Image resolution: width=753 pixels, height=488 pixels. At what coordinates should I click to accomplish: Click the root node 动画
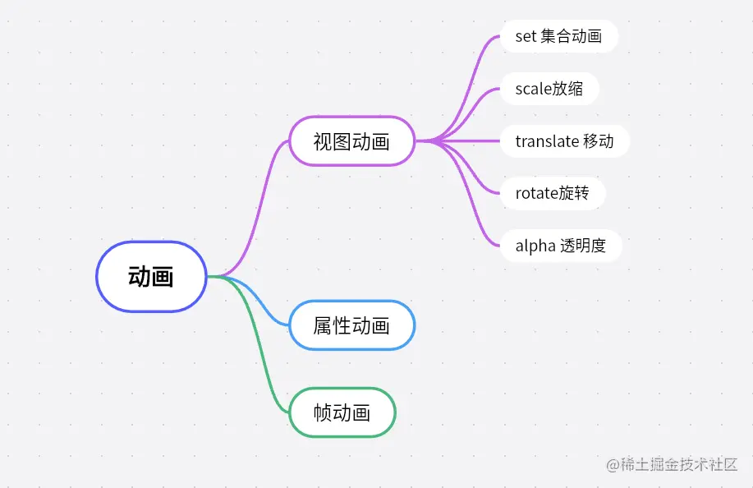[151, 277]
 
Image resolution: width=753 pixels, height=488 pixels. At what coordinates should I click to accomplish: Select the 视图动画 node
[351, 141]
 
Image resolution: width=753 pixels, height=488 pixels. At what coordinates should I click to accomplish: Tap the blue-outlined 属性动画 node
[351, 325]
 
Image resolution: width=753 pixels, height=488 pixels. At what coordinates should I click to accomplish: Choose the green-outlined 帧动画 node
[342, 412]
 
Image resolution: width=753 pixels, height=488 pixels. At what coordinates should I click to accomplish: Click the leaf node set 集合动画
[558, 36]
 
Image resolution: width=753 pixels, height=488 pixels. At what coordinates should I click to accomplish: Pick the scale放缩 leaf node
[549, 89]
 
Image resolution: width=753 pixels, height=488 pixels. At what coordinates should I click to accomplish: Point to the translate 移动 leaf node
[564, 141]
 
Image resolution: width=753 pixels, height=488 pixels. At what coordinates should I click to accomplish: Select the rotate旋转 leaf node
[552, 194]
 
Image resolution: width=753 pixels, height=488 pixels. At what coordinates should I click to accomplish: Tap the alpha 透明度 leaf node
[560, 246]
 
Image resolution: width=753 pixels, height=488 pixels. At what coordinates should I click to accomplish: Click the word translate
[547, 141]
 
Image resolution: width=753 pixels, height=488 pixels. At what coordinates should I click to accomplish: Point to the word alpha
[535, 246]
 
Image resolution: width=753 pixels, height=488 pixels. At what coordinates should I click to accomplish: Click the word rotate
[537, 194]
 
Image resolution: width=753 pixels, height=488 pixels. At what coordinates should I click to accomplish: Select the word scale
[533, 89]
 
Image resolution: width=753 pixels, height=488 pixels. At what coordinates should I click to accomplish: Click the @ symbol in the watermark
[613, 466]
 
